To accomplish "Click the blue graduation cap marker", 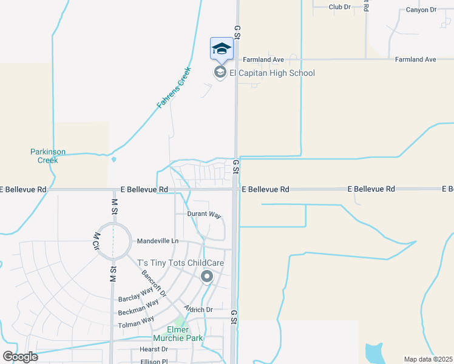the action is (x=222, y=49).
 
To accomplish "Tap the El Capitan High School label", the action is (x=272, y=73).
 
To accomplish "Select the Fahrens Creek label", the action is (x=174, y=87).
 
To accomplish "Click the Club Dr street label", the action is (x=339, y=7).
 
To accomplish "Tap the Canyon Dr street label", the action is (x=421, y=10).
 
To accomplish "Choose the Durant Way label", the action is (x=204, y=215).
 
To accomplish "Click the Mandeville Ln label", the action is (x=158, y=241).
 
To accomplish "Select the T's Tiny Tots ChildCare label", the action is (x=181, y=263).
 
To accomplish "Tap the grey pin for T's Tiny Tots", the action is (x=206, y=277).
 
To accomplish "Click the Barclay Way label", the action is (x=138, y=292).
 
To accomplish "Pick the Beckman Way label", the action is (x=138, y=306).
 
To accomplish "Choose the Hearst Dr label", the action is (x=154, y=349).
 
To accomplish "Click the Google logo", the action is (x=20, y=356).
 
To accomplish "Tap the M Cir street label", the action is (x=96, y=241).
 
